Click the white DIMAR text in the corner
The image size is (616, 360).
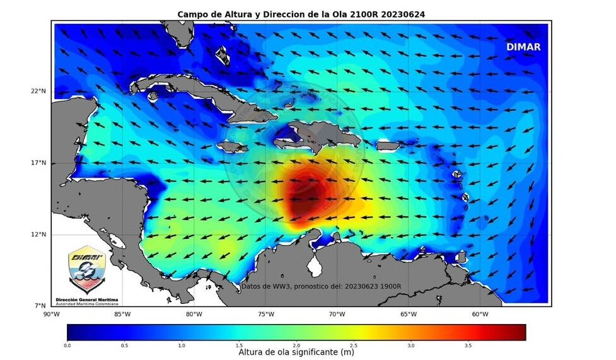click(x=523, y=47)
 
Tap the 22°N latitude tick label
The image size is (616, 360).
click(x=39, y=91)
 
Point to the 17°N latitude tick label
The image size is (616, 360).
click(x=39, y=163)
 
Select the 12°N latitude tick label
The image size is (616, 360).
click(x=39, y=235)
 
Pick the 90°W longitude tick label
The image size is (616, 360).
click(x=51, y=315)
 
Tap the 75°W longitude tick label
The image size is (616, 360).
click(x=265, y=315)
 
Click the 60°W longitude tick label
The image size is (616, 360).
click(x=480, y=315)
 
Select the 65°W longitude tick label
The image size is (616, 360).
click(x=409, y=315)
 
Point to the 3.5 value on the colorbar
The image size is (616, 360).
click(x=468, y=345)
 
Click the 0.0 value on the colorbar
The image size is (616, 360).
click(x=67, y=345)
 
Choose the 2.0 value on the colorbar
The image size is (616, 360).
click(x=296, y=345)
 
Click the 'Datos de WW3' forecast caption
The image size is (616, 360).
click(x=321, y=286)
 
